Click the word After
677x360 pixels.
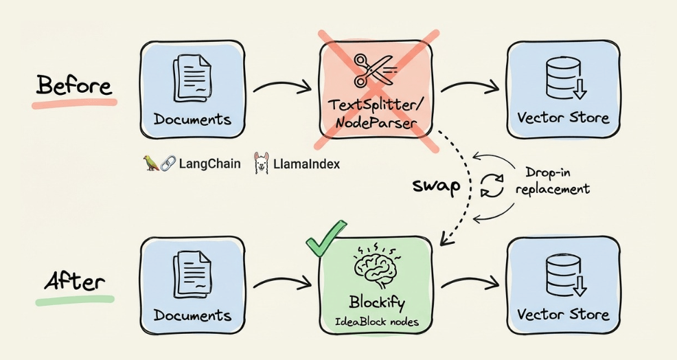(x=75, y=282)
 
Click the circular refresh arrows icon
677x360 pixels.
(x=492, y=186)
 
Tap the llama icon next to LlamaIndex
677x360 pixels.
(x=261, y=164)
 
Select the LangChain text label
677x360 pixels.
(x=209, y=164)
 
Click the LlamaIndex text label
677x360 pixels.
(x=306, y=164)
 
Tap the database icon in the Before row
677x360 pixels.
(x=562, y=78)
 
